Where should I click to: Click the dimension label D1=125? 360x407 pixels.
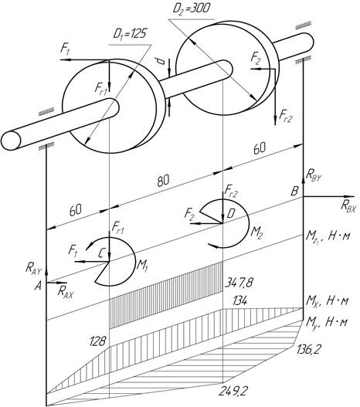pos(130,34)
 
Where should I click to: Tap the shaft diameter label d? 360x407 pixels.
pos(161,61)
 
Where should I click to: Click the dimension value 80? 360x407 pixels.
pos(163,181)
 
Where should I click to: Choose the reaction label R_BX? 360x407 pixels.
pos(348,207)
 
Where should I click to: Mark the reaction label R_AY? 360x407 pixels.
pos(33,269)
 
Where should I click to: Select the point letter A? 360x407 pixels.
pos(38,287)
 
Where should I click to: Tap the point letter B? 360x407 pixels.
pos(294,191)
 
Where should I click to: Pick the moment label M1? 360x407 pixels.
pos(142,266)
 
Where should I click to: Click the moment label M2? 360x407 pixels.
pos(257,232)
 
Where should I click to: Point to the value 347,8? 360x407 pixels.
pos(239,283)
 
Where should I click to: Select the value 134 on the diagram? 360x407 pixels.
pos(239,301)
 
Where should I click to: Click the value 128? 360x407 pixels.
pos(97,341)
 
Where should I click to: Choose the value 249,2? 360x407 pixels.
pos(233,392)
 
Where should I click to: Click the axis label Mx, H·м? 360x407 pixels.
pos(327,301)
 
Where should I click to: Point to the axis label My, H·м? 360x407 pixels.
pos(327,322)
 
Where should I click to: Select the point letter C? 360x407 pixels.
pos(102,253)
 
